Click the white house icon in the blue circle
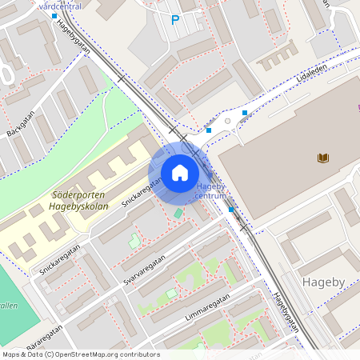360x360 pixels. [x=179, y=173]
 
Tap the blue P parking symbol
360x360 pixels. [x=175, y=20]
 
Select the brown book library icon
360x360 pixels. [x=323, y=158]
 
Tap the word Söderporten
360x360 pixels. [x=55, y=194]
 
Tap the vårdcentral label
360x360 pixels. [x=60, y=5]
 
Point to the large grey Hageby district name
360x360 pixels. [x=323, y=282]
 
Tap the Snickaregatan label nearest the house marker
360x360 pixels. [x=142, y=192]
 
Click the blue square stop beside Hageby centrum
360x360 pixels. [x=231, y=210]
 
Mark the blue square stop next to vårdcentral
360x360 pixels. [x=54, y=16]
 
